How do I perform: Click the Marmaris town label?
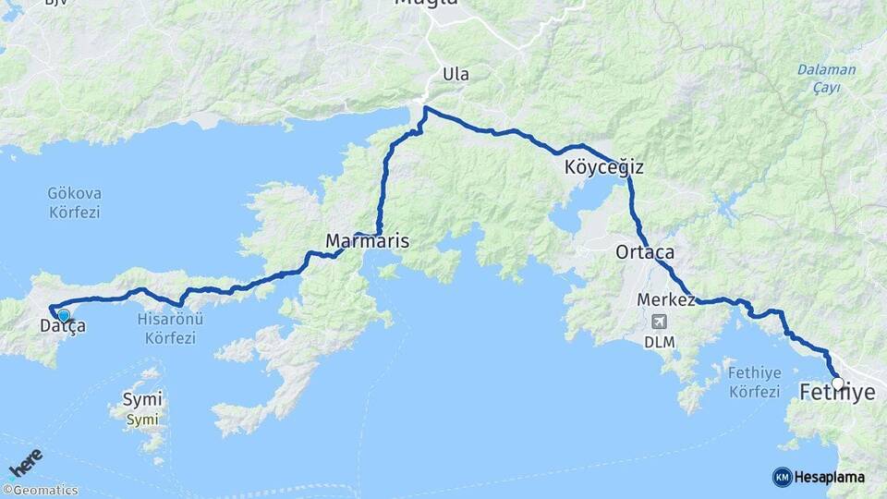tap(367, 241)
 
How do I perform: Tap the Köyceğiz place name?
tap(603, 168)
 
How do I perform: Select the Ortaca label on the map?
tap(645, 251)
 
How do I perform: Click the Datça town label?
tap(63, 325)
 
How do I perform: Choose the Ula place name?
tap(456, 74)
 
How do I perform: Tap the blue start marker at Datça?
tap(63, 315)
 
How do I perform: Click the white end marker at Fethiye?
tap(837, 383)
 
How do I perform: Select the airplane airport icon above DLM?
tap(659, 322)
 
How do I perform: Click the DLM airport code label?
tap(660, 342)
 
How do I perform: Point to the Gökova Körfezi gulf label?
tap(74, 202)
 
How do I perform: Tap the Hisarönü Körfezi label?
tap(170, 329)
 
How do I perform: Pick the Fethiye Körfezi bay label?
tap(755, 381)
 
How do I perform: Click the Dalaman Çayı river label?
tap(826, 78)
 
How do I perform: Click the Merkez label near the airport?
tap(666, 300)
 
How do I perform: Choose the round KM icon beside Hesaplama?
tap(782, 477)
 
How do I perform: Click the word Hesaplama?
tap(830, 477)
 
